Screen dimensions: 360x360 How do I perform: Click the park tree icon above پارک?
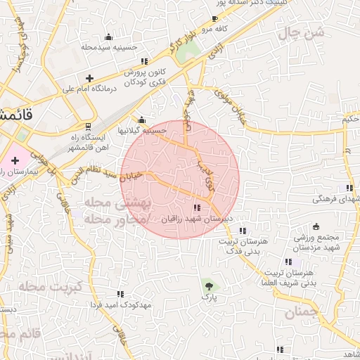(x=208, y=285)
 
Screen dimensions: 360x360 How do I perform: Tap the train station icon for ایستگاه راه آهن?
(x=88, y=127)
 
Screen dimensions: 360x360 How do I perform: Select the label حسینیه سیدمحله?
(x=108, y=48)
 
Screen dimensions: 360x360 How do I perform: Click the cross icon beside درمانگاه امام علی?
(x=89, y=78)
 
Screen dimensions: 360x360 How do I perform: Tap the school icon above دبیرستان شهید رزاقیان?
(x=196, y=207)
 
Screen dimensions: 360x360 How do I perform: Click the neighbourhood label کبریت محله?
(x=51, y=287)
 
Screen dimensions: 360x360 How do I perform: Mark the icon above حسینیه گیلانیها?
(x=142, y=120)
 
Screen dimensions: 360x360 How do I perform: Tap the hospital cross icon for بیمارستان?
(x=15, y=161)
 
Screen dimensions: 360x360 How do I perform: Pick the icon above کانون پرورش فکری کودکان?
(x=144, y=62)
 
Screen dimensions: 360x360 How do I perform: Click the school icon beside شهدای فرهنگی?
(x=349, y=188)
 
